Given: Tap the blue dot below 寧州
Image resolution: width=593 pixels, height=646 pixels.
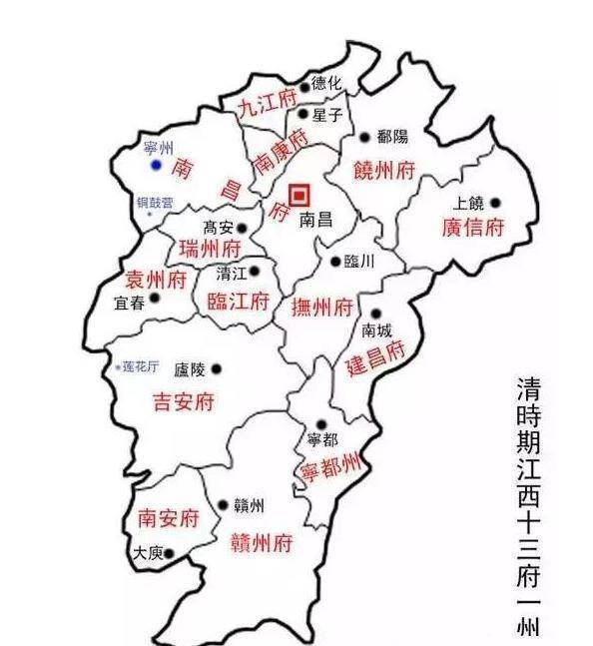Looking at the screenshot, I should pos(155,164).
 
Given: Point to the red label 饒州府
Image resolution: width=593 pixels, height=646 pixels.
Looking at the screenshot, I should pos(383,171).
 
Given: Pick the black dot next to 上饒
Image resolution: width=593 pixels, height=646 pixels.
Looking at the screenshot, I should pos(494,202).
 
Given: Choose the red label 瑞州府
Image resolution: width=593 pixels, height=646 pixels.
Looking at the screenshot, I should pos(209,248).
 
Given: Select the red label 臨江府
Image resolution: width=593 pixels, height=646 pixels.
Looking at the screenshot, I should pos(238,301).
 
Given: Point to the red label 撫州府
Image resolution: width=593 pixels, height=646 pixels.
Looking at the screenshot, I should pos(321,307).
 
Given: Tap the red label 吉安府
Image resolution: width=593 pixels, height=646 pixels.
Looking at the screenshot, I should pos(183,402).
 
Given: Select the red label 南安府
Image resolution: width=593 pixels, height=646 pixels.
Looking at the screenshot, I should pos(167,518).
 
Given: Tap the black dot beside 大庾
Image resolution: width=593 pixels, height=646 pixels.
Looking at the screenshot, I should pos(170,552).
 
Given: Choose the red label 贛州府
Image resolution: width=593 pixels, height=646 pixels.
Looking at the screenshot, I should pos(261,542).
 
